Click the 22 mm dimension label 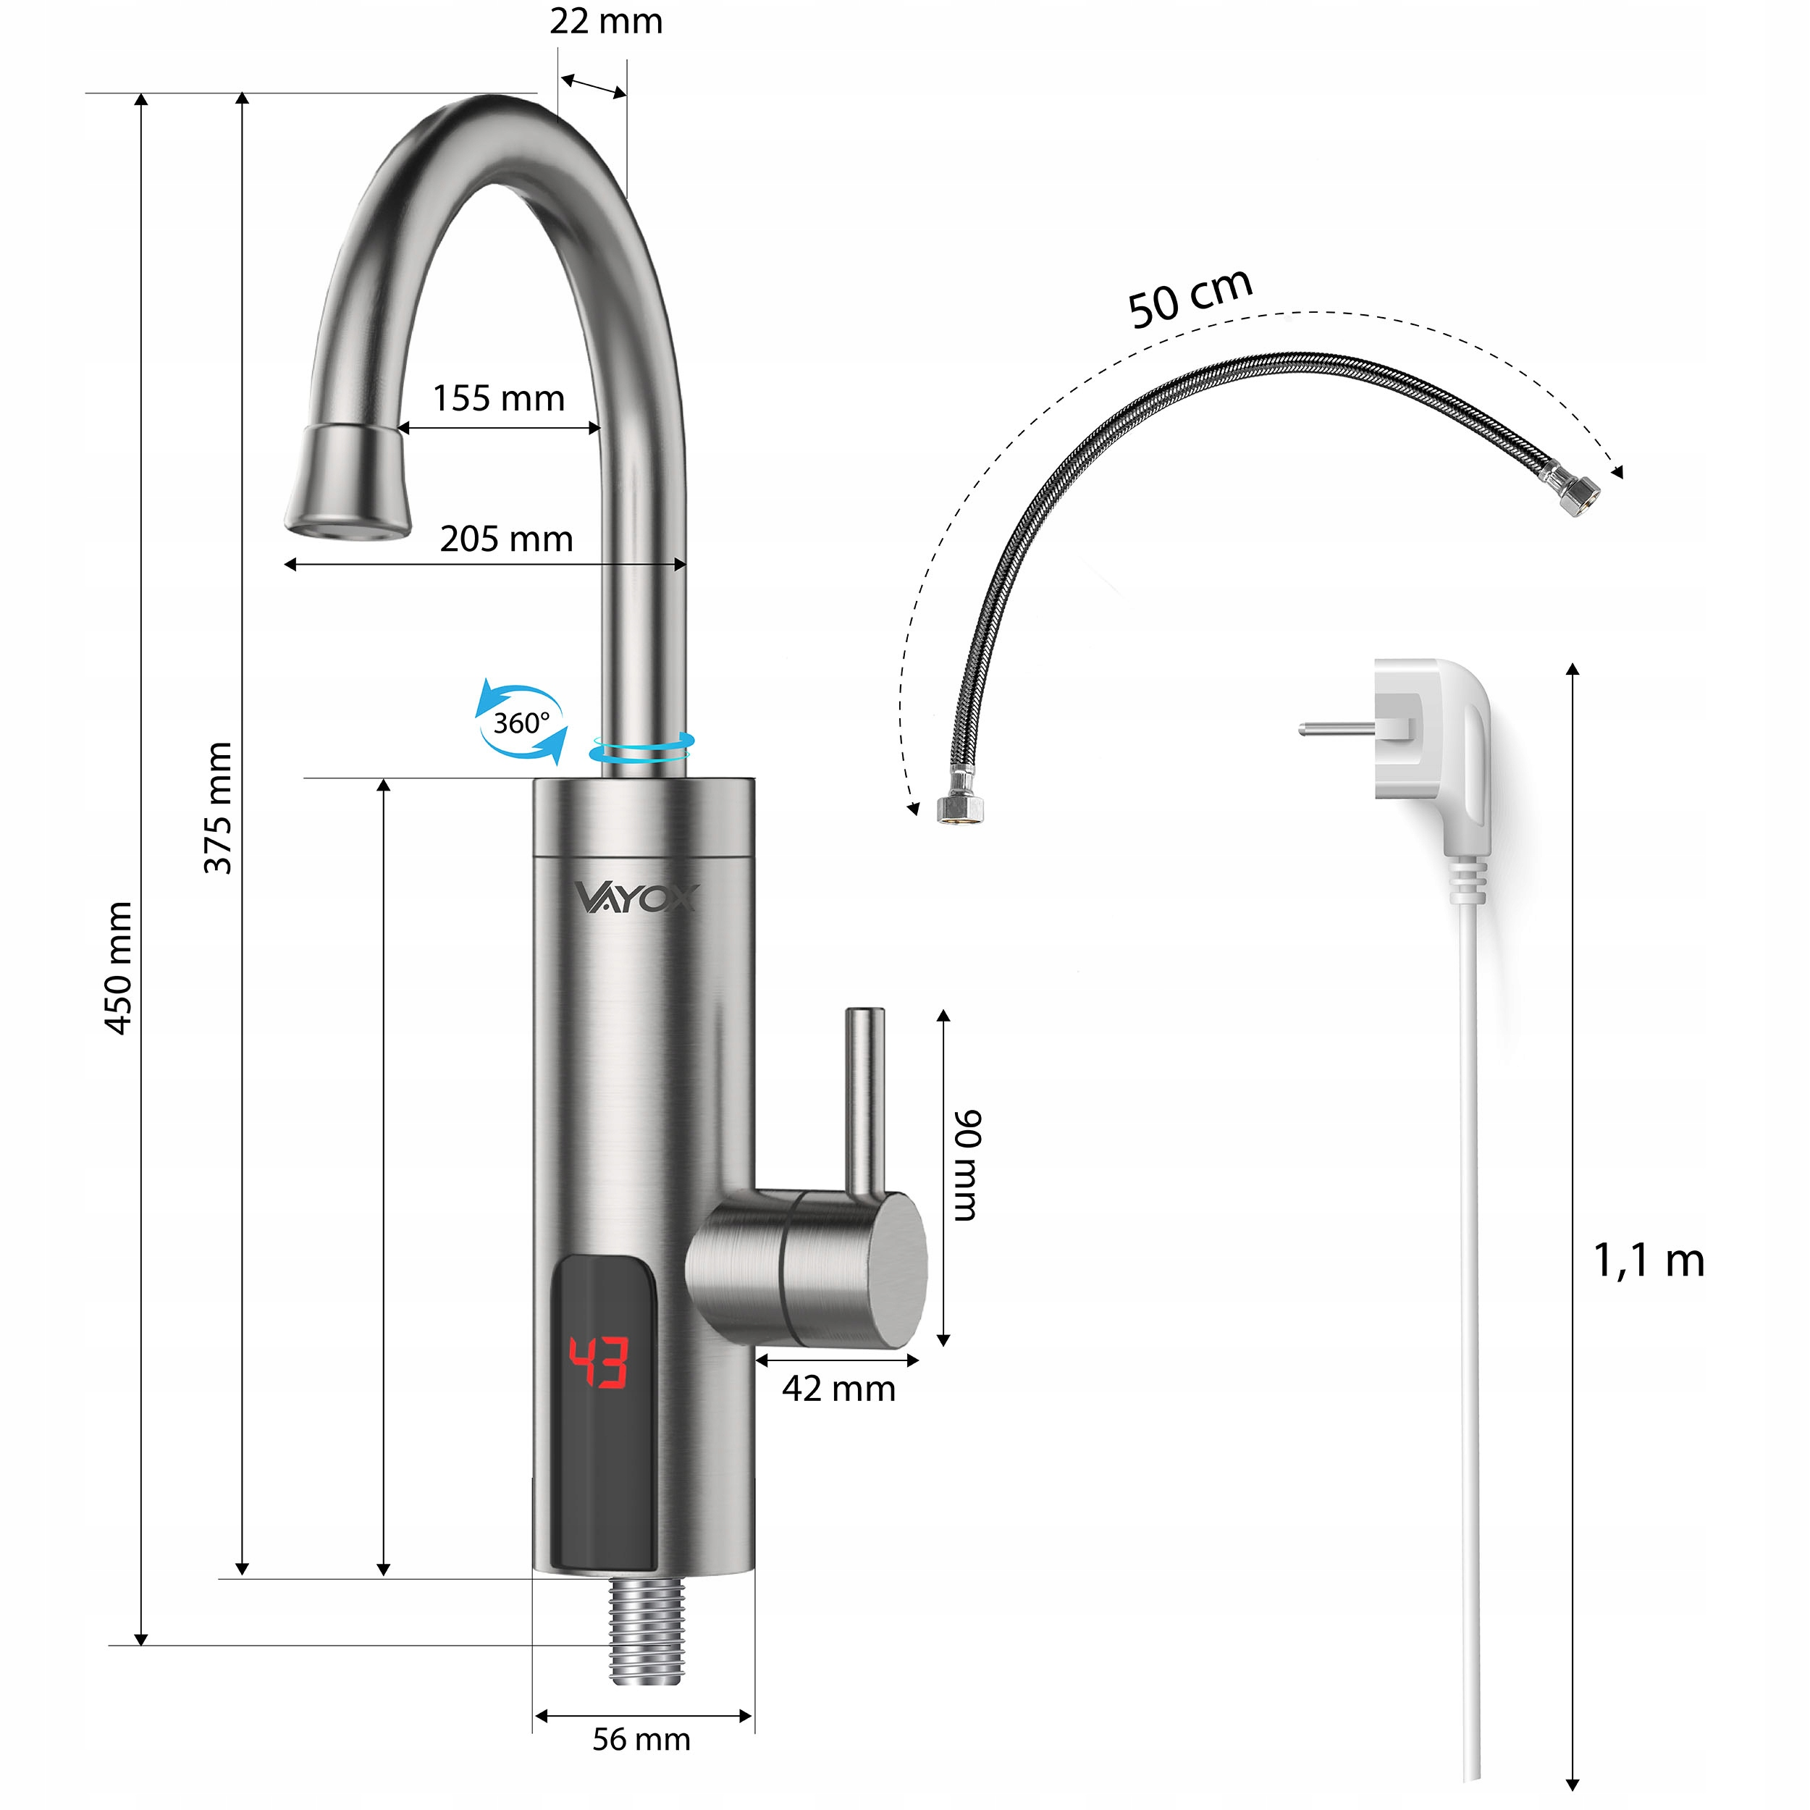pyautogui.click(x=606, y=22)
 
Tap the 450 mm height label pyautogui.click(x=118, y=969)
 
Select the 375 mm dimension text pyautogui.click(x=219, y=807)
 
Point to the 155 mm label pyautogui.click(x=498, y=398)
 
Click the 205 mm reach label pyautogui.click(x=506, y=539)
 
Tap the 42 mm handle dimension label pyautogui.click(x=838, y=1389)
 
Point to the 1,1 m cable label pyautogui.click(x=1649, y=1261)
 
